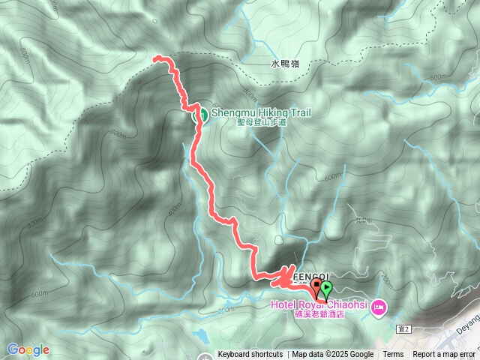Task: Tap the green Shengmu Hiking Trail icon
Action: [201, 115]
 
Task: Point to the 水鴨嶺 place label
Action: [284, 65]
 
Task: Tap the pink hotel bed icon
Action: [379, 307]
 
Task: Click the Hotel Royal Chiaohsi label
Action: [323, 304]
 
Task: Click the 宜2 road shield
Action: [405, 328]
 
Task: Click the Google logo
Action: [28, 349]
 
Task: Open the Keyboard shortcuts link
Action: [250, 355]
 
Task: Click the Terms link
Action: [393, 355]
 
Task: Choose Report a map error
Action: [444, 355]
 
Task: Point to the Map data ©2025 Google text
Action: [333, 355]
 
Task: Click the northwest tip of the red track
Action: [155, 58]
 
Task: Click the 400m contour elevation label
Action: [174, 208]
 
